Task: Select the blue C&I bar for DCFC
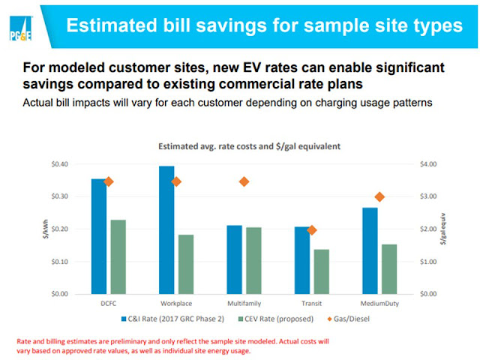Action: (x=99, y=236)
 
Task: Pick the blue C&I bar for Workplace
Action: (x=166, y=229)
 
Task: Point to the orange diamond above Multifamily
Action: (x=244, y=181)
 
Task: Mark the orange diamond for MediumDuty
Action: (x=379, y=196)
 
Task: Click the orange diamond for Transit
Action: (x=312, y=230)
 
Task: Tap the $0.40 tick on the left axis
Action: (x=59, y=164)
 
